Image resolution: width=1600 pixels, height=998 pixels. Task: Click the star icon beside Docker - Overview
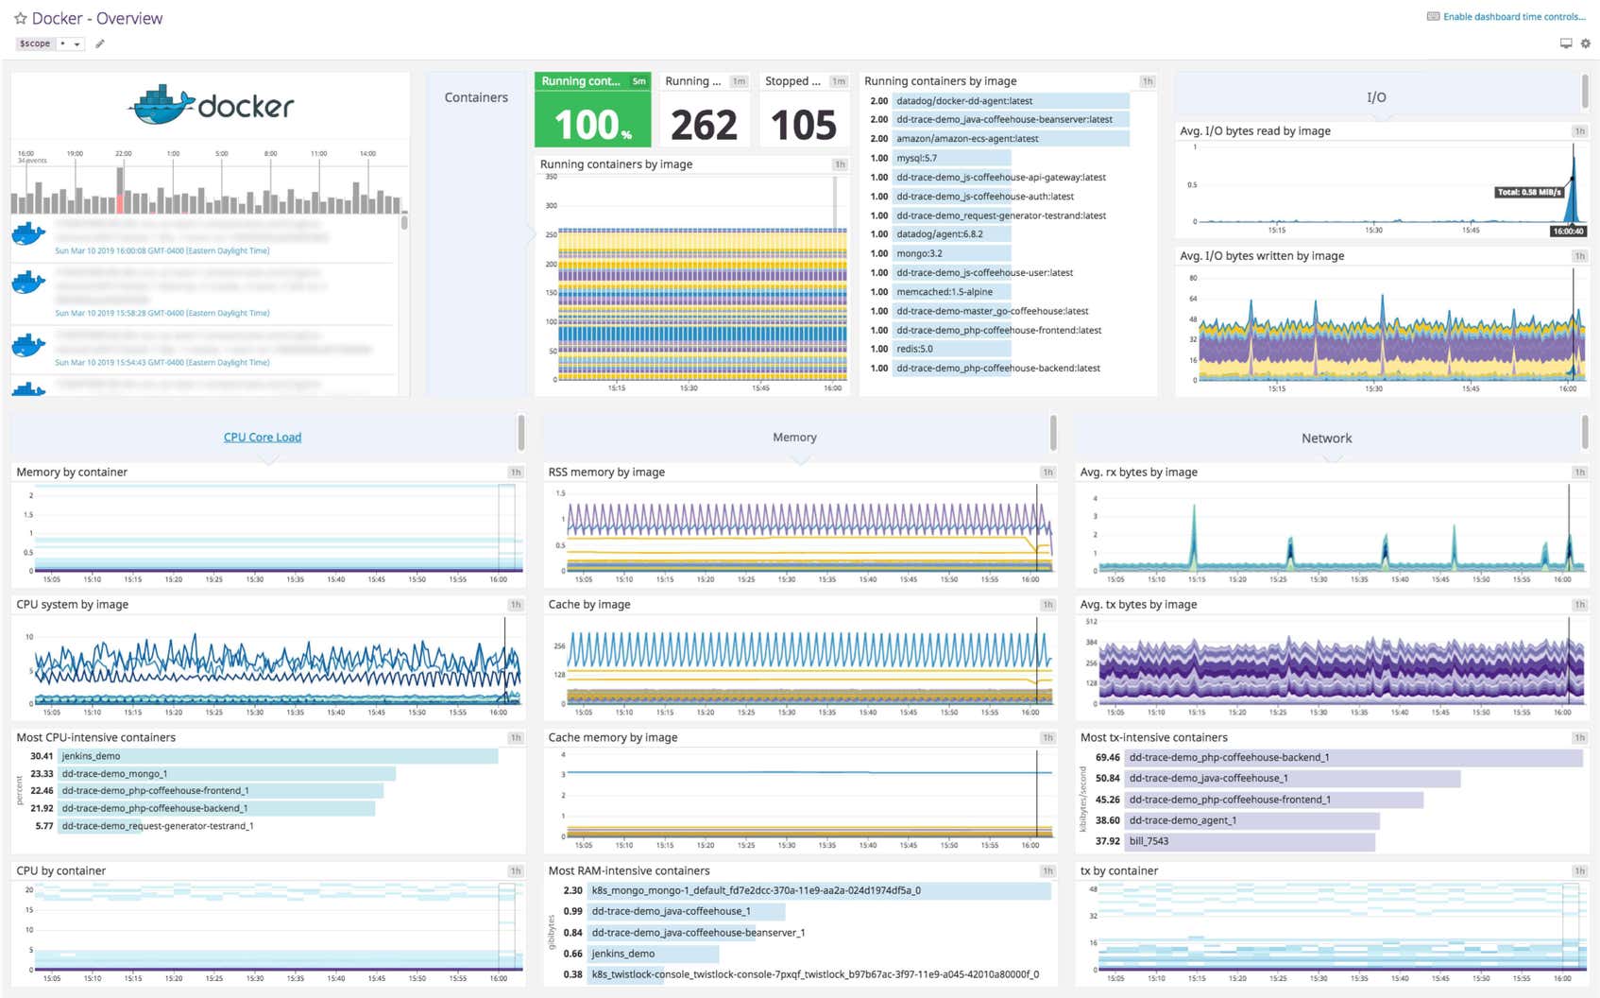tap(20, 19)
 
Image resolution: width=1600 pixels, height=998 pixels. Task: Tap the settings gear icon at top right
tap(1586, 43)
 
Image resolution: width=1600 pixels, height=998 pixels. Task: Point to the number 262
tap(704, 125)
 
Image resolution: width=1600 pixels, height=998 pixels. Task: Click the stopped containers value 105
tap(803, 125)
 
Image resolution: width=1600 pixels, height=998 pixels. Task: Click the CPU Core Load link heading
tap(263, 438)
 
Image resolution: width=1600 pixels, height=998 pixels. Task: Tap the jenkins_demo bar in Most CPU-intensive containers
tap(278, 756)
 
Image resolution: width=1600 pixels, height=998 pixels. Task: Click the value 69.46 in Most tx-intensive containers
tap(1107, 758)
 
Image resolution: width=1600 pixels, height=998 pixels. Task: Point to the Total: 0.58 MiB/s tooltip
tap(1528, 192)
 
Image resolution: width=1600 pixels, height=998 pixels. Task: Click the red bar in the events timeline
tap(120, 202)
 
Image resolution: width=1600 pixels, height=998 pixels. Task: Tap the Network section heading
tap(1326, 439)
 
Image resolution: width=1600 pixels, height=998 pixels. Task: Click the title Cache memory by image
tap(613, 737)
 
